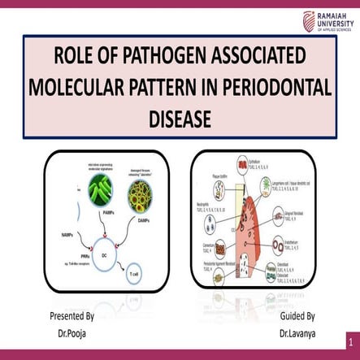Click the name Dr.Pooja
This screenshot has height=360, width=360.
click(x=72, y=332)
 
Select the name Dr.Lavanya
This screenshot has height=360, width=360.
click(x=297, y=332)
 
